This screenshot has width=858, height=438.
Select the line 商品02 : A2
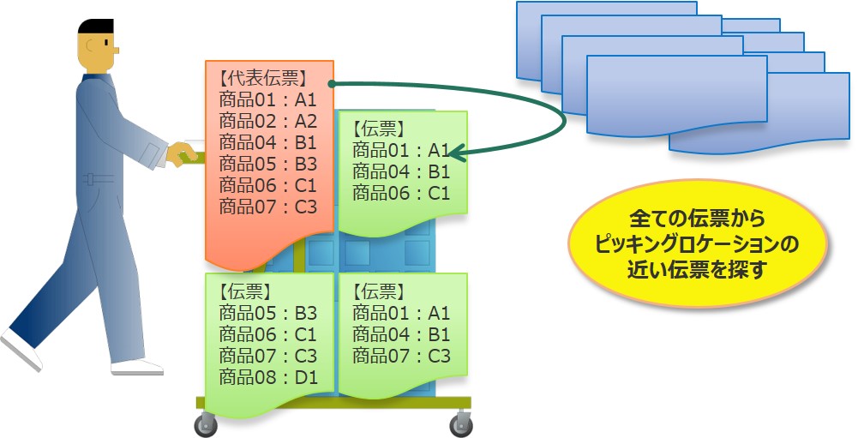coord(268,120)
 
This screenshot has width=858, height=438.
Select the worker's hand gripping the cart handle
coord(181,153)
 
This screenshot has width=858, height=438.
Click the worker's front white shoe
coord(137,366)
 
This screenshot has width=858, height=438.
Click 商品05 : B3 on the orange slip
coord(268,163)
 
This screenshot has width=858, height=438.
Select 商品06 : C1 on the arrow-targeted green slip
coord(401,193)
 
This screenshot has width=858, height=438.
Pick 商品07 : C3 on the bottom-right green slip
coord(401,356)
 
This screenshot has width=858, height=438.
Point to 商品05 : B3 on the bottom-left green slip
coord(268,313)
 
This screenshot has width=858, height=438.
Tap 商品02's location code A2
coord(306,120)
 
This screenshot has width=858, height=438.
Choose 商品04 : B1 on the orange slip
coord(268,141)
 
